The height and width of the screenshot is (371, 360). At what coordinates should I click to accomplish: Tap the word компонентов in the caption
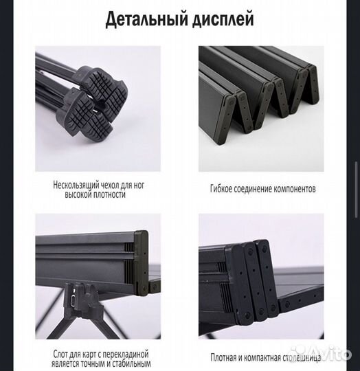point(297,188)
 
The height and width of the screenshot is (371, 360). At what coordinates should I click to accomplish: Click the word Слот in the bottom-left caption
point(62,353)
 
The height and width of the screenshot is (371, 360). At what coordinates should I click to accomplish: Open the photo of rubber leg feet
point(98,109)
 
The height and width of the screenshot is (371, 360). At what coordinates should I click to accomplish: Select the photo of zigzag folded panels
point(261,109)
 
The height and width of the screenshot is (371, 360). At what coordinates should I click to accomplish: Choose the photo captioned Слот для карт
point(98,275)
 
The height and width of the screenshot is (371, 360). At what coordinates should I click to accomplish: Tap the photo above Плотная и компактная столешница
point(261,275)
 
